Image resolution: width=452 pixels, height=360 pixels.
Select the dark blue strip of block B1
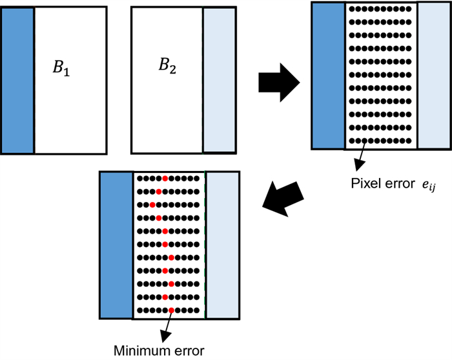pyautogui.click(x=17, y=79)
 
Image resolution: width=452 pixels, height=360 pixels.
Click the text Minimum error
pyautogui.click(x=159, y=351)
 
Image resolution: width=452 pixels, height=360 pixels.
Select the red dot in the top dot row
pyautogui.click(x=165, y=178)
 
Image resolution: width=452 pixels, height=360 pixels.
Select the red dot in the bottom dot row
pyautogui.click(x=171, y=310)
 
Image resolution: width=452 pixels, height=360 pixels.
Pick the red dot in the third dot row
pyautogui.click(x=152, y=205)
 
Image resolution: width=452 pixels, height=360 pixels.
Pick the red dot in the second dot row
pyautogui.click(x=158, y=192)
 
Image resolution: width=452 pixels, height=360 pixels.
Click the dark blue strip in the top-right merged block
pyautogui.click(x=328, y=75)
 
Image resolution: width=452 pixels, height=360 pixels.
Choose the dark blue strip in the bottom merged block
pyautogui.click(x=116, y=245)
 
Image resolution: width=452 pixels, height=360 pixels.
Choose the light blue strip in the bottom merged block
pyautogui.click(x=223, y=245)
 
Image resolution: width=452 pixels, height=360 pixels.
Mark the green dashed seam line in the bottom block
pyautogui.click(x=205, y=245)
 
